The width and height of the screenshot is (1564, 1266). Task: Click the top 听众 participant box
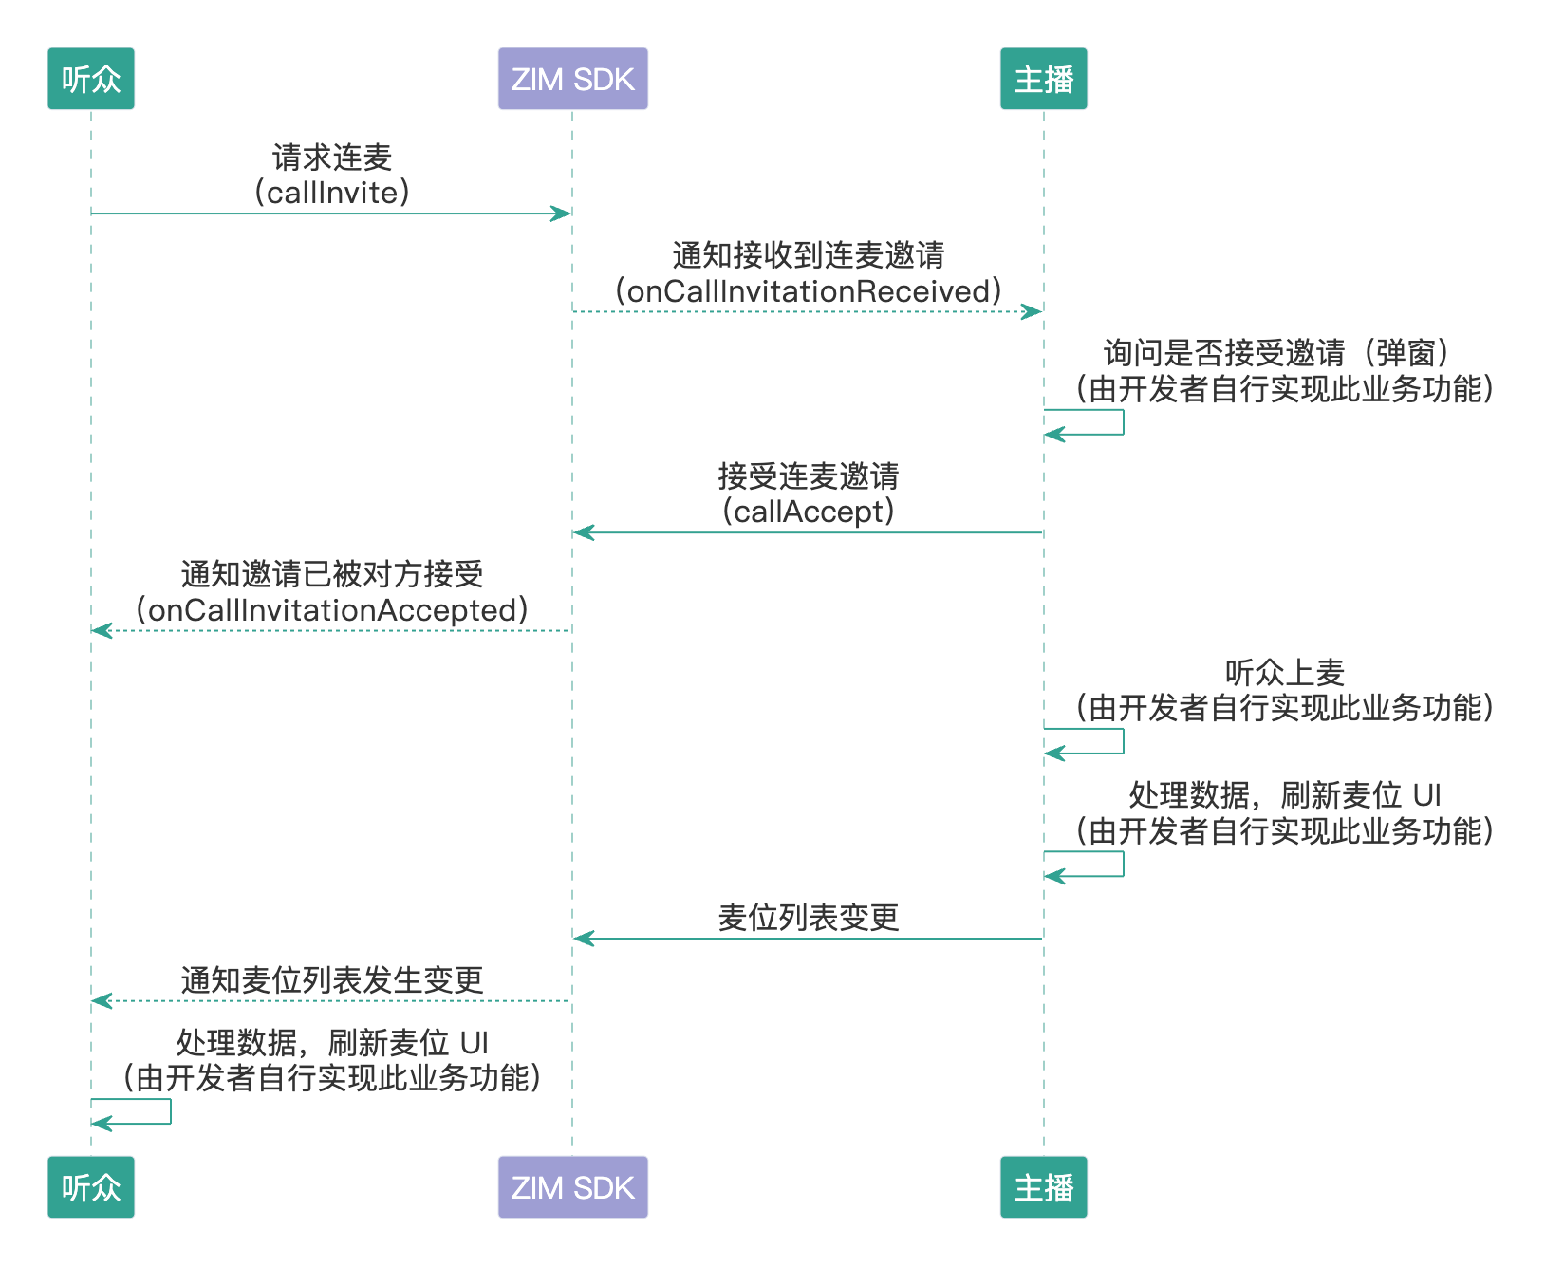91,79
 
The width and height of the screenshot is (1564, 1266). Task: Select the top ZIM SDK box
572,79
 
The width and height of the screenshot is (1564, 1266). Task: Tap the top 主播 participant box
1043,79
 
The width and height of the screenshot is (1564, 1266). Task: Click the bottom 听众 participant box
91,1186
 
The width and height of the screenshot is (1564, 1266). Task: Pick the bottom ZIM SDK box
572,1186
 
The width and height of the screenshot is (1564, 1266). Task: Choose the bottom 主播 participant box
1043,1186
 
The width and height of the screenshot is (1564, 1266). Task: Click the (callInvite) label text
332,193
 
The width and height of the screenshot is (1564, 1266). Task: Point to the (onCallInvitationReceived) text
808,290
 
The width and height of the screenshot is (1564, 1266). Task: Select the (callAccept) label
808,512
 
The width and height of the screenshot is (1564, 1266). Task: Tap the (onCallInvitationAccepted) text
332,609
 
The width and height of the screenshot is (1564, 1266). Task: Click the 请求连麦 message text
332,158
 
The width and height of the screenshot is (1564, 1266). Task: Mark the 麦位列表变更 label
808,918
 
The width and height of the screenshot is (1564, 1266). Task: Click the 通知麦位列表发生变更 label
332,979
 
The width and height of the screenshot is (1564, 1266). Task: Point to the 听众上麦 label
1284,673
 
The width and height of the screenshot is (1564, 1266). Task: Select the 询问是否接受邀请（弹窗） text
1276,353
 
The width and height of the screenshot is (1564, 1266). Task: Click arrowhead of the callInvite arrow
562,214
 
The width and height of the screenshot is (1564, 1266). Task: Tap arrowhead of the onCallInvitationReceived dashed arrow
1033,311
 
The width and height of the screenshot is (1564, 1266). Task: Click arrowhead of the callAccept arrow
583,532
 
